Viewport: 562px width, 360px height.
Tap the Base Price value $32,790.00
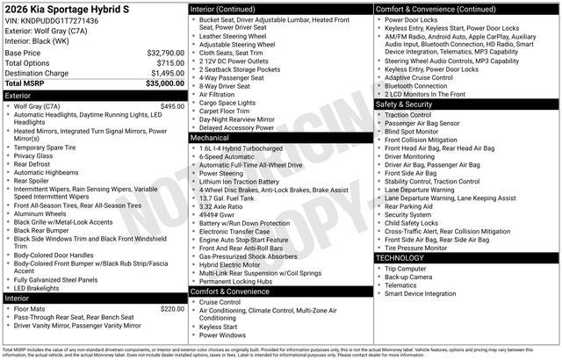click(165, 53)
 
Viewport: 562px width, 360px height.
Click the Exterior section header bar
click(94, 95)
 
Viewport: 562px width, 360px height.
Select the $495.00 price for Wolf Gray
click(172, 106)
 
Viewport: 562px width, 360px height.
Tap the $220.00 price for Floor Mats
click(172, 309)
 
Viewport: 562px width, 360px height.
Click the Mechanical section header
click(279, 138)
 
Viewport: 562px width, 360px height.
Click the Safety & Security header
click(466, 104)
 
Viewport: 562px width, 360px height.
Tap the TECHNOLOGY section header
click(466, 258)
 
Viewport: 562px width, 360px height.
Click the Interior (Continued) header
click(279, 9)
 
